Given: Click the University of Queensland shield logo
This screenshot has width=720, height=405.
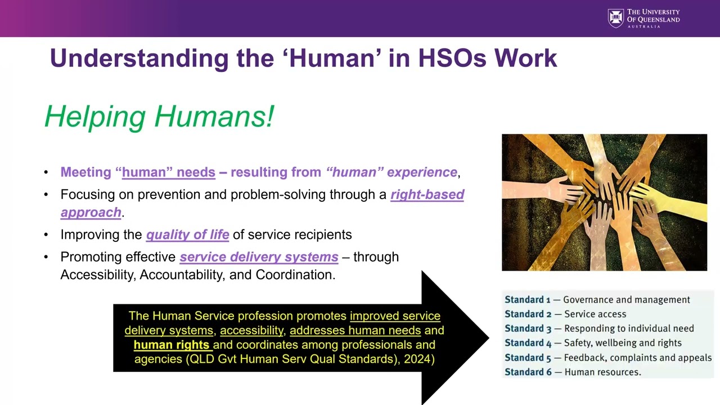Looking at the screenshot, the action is tap(615, 19).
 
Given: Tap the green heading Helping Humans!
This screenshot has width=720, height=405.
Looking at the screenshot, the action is tap(159, 116).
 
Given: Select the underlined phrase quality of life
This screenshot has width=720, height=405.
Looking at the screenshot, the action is tap(187, 235).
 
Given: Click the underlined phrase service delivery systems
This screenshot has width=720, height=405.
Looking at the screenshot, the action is tap(259, 257).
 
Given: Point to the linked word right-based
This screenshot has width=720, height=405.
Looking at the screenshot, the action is tap(427, 195).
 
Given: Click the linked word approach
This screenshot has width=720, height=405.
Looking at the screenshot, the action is tap(91, 213).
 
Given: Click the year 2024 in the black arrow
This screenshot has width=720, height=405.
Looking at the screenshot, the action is tap(419, 359).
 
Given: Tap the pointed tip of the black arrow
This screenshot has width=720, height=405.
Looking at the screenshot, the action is tap(488, 338).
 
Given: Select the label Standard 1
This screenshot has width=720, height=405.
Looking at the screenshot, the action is tap(528, 300).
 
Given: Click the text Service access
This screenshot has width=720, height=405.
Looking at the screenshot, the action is tap(595, 314).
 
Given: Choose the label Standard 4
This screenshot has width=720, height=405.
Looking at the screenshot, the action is tap(528, 343).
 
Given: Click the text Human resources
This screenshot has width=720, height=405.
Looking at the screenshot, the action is tap(602, 372).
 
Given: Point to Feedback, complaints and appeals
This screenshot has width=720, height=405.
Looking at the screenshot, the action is tap(638, 358).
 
